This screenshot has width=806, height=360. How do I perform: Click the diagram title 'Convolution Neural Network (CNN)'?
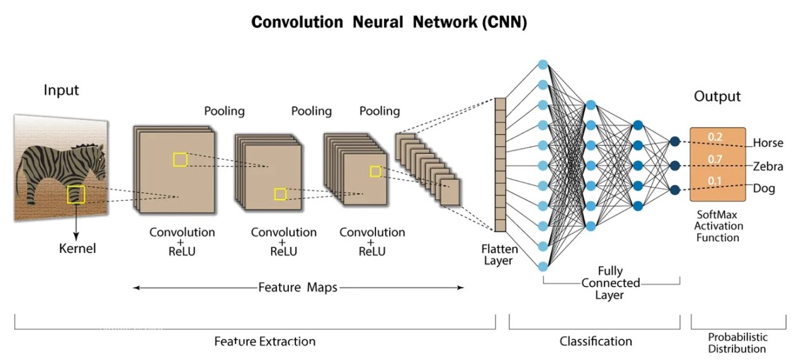pos(389,22)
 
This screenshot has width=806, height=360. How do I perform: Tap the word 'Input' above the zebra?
pos(61,90)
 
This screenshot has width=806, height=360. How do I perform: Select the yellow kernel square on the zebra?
pos(76,194)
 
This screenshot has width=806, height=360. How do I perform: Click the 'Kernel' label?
pos(77,248)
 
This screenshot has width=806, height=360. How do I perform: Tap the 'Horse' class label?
pos(768,143)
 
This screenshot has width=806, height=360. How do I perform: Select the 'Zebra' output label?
pos(768,166)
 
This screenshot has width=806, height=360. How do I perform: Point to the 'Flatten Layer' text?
pos(499,255)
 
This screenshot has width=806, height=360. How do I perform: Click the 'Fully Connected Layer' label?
pos(610,283)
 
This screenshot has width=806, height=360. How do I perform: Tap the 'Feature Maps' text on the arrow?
pos(298,288)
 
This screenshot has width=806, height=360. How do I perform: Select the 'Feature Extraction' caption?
pos(264,341)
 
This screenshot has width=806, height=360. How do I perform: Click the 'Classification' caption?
pos(596,341)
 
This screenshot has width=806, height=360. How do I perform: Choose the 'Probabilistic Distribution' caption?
pos(737,342)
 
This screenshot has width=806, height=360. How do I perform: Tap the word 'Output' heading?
pos(717,96)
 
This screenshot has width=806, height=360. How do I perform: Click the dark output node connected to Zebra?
pos(675,166)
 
